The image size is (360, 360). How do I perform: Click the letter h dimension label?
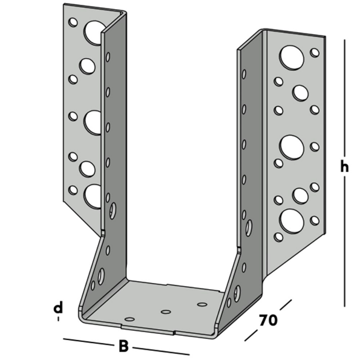(344, 168)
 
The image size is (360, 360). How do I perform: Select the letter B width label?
(123, 347)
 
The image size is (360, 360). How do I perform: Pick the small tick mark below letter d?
(58, 319)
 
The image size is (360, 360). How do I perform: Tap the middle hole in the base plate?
(166, 312)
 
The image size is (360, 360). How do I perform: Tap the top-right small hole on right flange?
(315, 52)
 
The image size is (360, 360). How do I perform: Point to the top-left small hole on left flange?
(73, 22)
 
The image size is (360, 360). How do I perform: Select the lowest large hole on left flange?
(93, 197)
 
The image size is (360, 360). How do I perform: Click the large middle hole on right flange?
(292, 146)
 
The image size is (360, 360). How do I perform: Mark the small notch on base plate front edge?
(174, 332)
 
